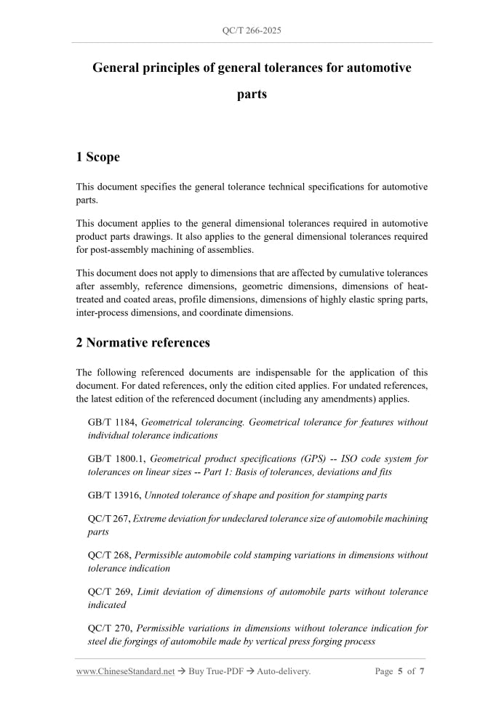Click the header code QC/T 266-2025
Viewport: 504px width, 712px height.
pyautogui.click(x=252, y=31)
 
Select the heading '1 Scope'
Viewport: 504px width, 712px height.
pyautogui.click(x=97, y=156)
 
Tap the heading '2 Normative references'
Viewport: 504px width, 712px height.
pyautogui.click(x=143, y=342)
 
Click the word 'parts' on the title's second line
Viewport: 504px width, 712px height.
pyautogui.click(x=252, y=94)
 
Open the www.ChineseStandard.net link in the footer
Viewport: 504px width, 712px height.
pyautogui.click(x=125, y=671)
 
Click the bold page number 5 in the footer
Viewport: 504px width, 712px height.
pyautogui.click(x=400, y=671)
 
